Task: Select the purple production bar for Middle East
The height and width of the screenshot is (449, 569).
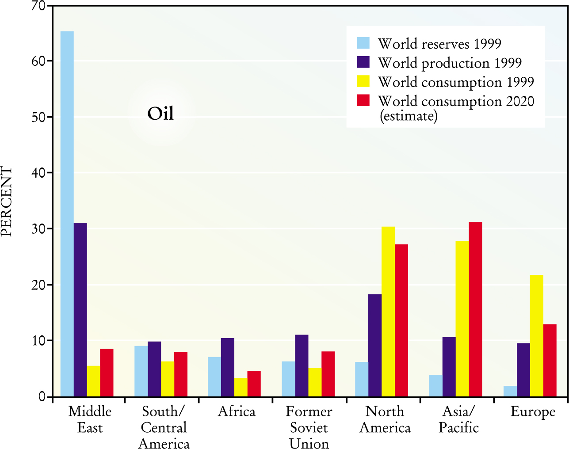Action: tap(80, 309)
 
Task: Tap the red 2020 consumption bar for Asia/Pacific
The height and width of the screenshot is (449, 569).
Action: tap(475, 309)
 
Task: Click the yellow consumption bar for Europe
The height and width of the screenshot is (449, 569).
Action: tap(537, 336)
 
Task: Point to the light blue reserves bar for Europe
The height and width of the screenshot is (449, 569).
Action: tap(510, 391)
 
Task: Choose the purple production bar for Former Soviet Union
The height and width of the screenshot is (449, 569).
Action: tap(302, 365)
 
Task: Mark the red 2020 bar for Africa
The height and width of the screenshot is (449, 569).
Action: tap(254, 384)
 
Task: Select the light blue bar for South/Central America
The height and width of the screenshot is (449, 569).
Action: tap(141, 371)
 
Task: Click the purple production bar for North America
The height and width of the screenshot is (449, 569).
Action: tap(375, 345)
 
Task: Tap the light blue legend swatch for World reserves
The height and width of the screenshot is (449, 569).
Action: tap(363, 43)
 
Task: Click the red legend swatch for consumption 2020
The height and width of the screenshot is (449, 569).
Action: tap(363, 100)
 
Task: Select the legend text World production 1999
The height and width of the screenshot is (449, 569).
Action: tap(450, 63)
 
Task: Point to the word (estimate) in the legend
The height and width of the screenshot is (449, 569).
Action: tap(409, 116)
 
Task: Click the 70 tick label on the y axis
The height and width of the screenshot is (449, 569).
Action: tap(39, 6)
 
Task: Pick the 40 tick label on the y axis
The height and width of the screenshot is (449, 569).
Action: tap(39, 173)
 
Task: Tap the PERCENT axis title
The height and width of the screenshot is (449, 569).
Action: tap(7, 201)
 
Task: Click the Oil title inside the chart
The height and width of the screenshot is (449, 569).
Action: tap(160, 114)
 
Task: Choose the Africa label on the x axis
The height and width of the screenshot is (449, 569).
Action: tap(237, 412)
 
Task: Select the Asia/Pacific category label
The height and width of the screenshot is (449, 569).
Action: tap(458, 420)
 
